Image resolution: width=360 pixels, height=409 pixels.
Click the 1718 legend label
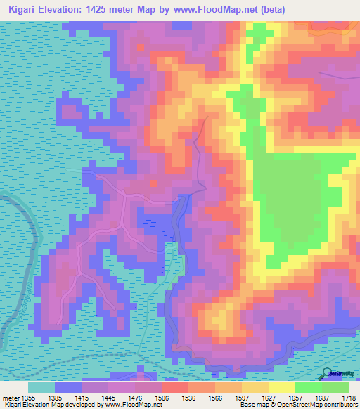[348, 397]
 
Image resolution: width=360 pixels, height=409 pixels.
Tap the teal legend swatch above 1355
[41, 387]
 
